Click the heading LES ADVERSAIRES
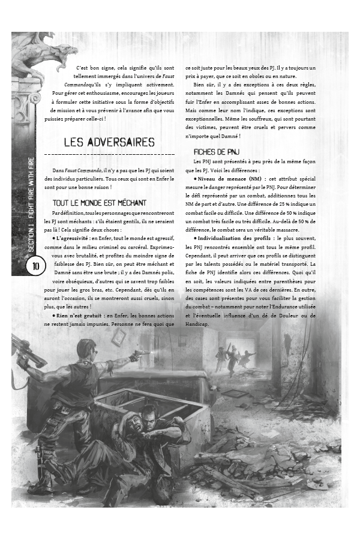[109, 143]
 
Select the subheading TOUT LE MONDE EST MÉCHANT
[99, 204]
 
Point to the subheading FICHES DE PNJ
[217, 152]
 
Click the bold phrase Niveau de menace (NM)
[233, 179]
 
